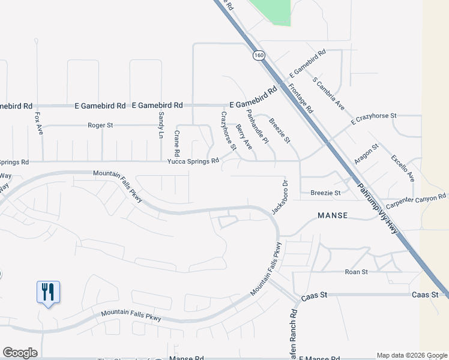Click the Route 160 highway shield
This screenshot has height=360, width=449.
point(258,55)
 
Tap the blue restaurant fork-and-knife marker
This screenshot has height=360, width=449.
point(48,292)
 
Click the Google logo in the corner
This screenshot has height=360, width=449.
point(20,353)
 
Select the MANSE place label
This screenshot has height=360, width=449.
point(333,215)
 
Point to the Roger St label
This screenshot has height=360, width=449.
point(100,125)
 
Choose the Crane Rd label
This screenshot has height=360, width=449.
point(177,141)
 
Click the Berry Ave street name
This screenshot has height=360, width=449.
point(244,137)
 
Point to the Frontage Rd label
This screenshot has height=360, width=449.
point(301,98)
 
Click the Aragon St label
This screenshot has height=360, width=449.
point(366,154)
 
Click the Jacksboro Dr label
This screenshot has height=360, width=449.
point(280,197)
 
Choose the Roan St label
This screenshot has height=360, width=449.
point(356,272)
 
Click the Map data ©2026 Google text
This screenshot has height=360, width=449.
point(411,355)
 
